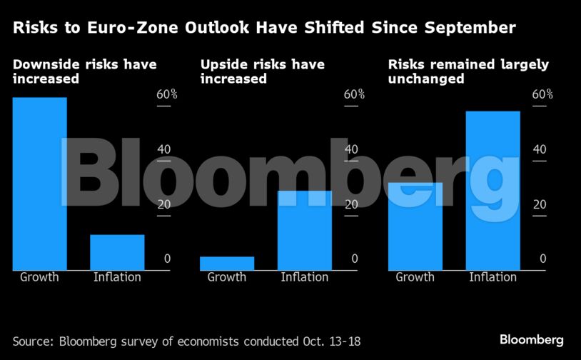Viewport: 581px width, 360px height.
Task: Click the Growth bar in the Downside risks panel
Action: tap(39, 184)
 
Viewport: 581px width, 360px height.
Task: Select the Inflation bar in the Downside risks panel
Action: tap(117, 252)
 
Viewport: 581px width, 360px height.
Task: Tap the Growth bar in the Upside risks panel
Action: tap(227, 263)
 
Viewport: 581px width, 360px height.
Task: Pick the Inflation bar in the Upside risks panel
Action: tap(305, 230)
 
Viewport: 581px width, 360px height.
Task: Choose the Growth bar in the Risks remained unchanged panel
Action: tap(415, 226)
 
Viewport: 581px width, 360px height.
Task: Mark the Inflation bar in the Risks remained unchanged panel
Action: tap(492, 191)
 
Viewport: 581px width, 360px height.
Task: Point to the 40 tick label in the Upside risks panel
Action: tap(351, 149)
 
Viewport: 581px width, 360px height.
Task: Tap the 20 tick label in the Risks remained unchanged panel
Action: tap(539, 204)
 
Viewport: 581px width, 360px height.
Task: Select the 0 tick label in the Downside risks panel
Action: tap(168, 259)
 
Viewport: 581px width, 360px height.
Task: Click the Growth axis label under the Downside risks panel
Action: tap(39, 277)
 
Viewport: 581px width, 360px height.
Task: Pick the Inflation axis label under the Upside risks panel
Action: tap(305, 277)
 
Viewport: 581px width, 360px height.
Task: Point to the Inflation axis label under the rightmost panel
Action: tap(492, 277)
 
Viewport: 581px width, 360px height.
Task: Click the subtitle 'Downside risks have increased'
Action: tap(84, 71)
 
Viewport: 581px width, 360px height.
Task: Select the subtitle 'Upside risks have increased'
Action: tap(262, 71)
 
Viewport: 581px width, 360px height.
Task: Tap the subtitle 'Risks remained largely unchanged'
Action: tap(468, 71)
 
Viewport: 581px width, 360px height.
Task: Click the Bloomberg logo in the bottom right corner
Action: tap(532, 339)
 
